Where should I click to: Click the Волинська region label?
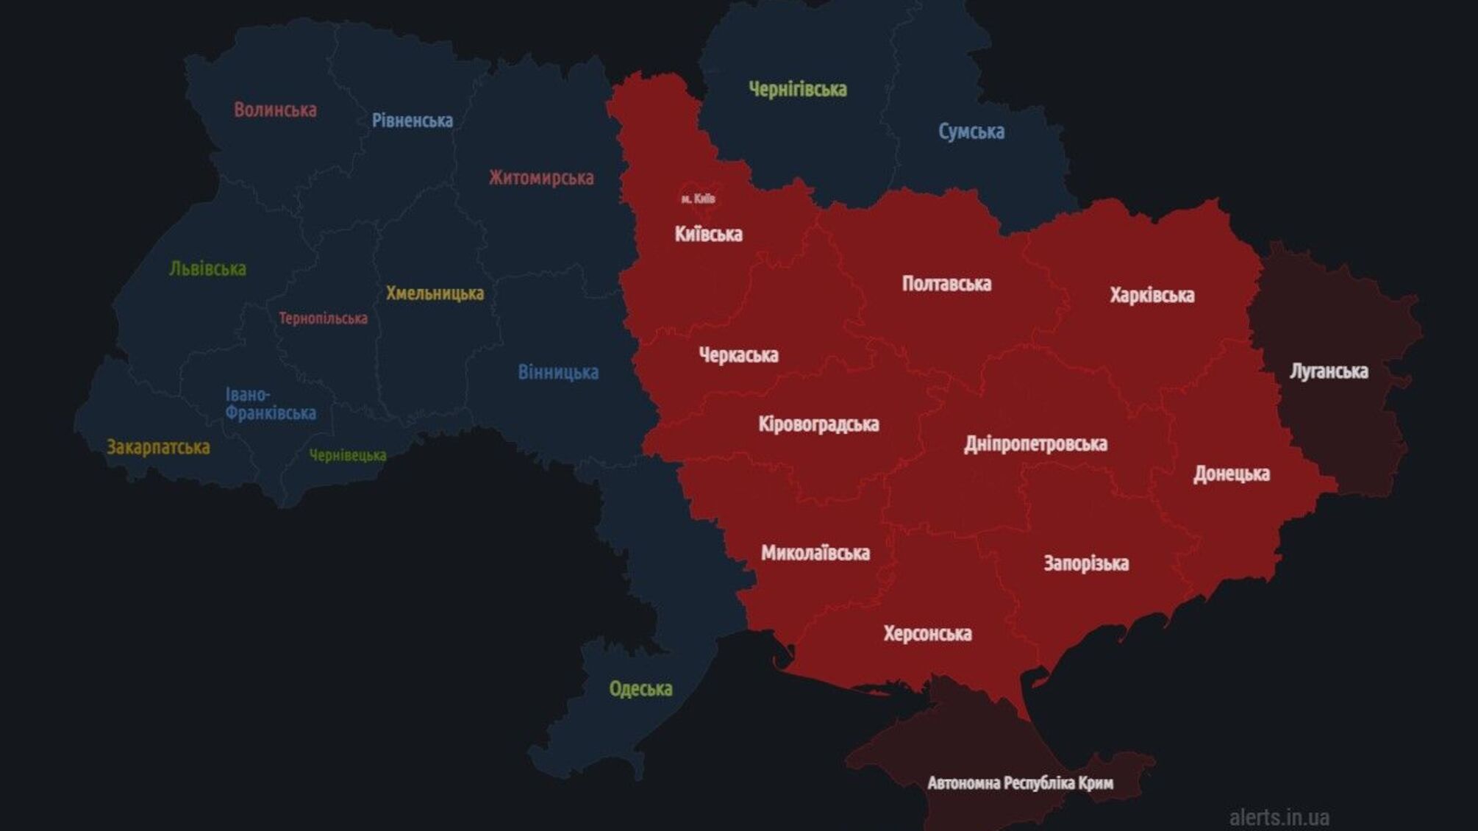pyautogui.click(x=275, y=110)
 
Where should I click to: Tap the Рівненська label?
pyautogui.click(x=412, y=121)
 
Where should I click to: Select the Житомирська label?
pyautogui.click(x=541, y=178)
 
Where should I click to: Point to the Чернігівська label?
pyautogui.click(x=797, y=90)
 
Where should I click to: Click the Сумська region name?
pyautogui.click(x=971, y=132)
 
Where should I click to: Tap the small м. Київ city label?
pyautogui.click(x=698, y=199)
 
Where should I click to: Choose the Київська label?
pyautogui.click(x=708, y=235)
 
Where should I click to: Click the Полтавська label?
pyautogui.click(x=946, y=284)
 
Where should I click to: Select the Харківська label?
pyautogui.click(x=1152, y=296)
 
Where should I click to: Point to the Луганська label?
pyautogui.click(x=1328, y=371)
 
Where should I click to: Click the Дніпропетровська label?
pyautogui.click(x=1035, y=444)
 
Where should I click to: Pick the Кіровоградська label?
pyautogui.click(x=818, y=424)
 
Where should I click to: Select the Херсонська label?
pyautogui.click(x=927, y=634)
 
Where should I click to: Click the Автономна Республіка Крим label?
pyautogui.click(x=1020, y=783)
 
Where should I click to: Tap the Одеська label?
pyautogui.click(x=640, y=689)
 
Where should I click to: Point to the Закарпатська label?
pyautogui.click(x=158, y=447)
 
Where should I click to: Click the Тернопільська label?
pyautogui.click(x=323, y=318)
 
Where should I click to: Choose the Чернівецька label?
pyautogui.click(x=347, y=456)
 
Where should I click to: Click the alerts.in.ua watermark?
pyautogui.click(x=1279, y=817)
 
